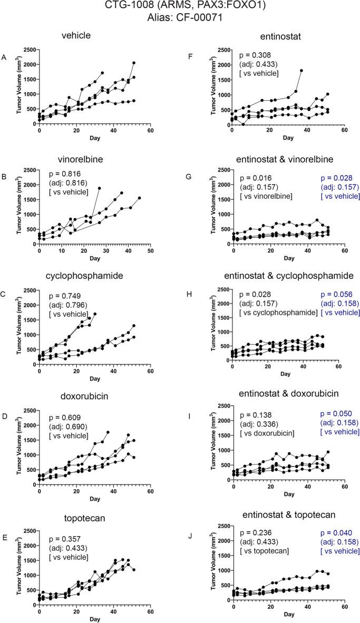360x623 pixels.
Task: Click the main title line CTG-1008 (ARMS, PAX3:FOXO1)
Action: click(x=180, y=7)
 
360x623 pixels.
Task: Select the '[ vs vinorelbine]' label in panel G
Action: click(x=266, y=197)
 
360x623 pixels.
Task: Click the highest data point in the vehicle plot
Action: click(x=134, y=63)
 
